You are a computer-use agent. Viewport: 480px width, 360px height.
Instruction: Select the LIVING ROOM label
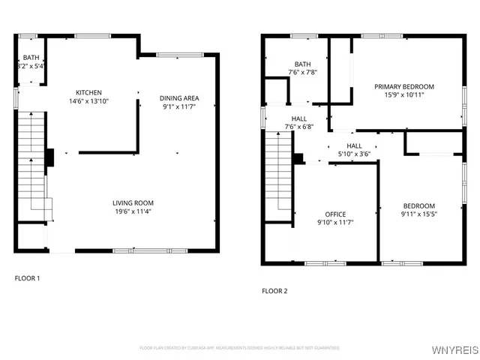pyautogui.click(x=133, y=202)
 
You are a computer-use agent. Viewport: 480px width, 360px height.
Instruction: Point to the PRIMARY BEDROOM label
pyautogui.click(x=404, y=87)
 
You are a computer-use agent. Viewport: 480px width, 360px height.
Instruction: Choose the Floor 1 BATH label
pyautogui.click(x=31, y=57)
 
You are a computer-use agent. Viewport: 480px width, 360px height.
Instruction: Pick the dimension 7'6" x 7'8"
pyautogui.click(x=303, y=73)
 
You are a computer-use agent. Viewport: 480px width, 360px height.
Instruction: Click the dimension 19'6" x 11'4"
pyautogui.click(x=133, y=211)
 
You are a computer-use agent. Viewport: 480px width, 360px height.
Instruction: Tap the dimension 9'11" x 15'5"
pyautogui.click(x=418, y=214)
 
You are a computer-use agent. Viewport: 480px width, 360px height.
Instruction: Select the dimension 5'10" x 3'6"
pyautogui.click(x=354, y=154)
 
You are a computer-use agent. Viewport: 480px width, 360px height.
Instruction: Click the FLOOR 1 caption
pyautogui.click(x=28, y=278)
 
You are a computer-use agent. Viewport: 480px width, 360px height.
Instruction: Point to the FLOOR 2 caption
pyautogui.click(x=274, y=291)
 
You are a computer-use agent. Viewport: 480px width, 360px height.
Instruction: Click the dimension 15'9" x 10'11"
pyautogui.click(x=404, y=95)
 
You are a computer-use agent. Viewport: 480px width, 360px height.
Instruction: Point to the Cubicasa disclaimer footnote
pyautogui.click(x=239, y=348)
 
